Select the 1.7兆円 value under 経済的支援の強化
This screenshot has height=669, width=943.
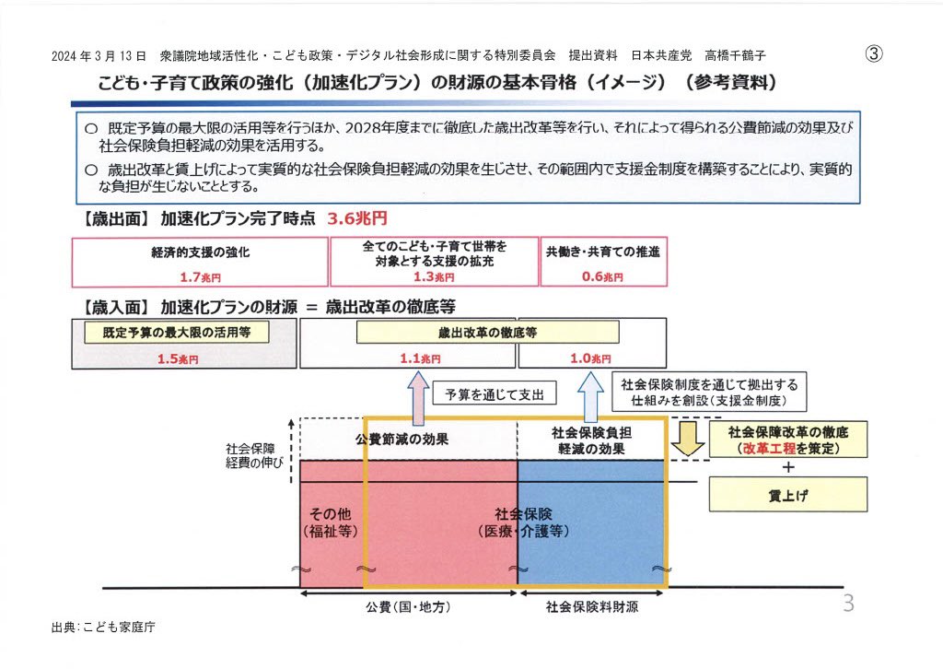coord(200,276)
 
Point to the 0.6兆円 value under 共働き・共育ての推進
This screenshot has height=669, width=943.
coord(603,276)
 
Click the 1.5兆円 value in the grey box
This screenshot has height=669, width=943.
coord(177,359)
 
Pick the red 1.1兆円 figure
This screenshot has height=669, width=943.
coord(420,358)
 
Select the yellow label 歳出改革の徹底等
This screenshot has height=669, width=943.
coord(487,333)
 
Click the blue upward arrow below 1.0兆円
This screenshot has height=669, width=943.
coord(589,393)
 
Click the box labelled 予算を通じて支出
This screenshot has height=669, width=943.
coord(494,395)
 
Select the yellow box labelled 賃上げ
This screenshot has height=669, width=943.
coord(788,495)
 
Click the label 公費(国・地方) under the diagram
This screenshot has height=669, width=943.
coord(409,607)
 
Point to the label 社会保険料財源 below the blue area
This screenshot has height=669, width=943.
coord(592,607)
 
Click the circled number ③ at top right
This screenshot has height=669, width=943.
coord(874,53)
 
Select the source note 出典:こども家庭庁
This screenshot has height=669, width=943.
coord(104,628)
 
